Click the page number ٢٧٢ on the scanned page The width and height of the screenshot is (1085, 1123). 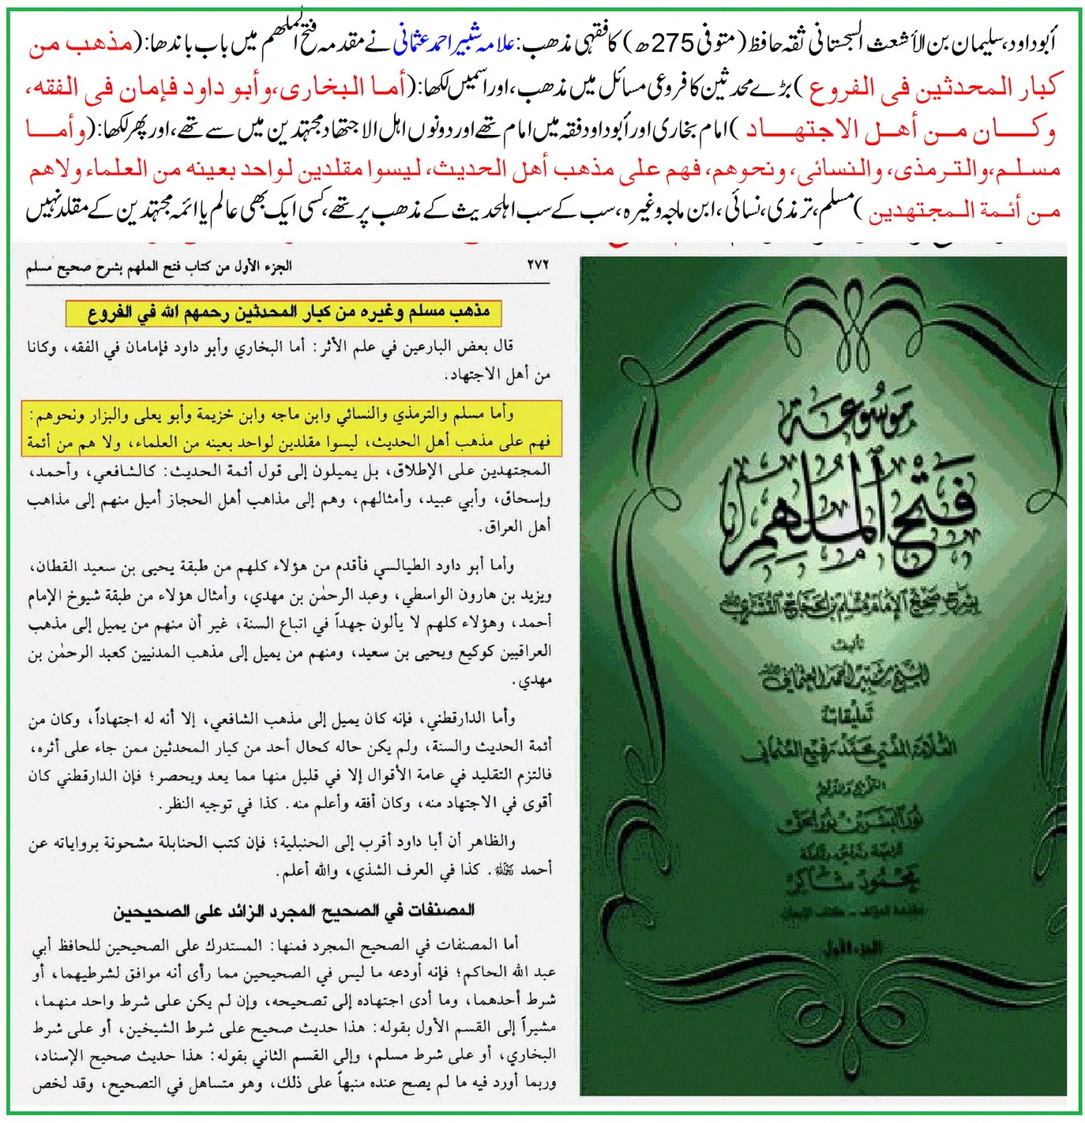tap(537, 266)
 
